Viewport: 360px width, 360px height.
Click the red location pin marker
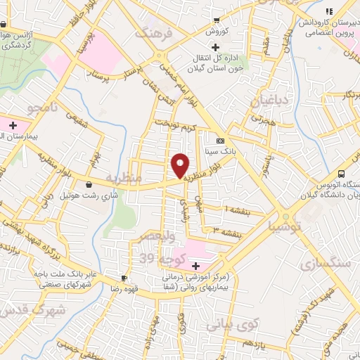pyautogui.click(x=180, y=165)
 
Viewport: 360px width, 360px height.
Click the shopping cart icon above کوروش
pyautogui.click(x=217, y=20)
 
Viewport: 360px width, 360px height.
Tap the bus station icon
pyautogui.click(x=342, y=173)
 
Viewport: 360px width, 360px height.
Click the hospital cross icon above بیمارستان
pyautogui.click(x=9, y=124)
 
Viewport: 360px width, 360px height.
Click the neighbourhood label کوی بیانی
pyautogui.click(x=233, y=324)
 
